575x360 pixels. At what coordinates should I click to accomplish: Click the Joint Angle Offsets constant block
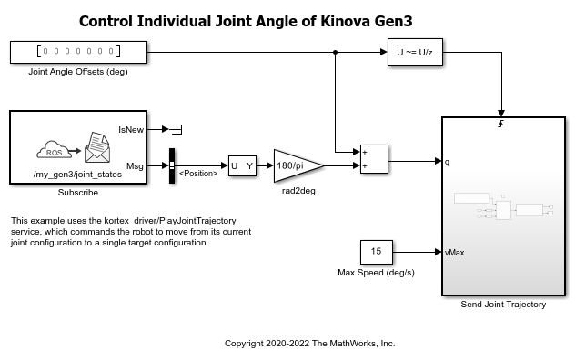78,52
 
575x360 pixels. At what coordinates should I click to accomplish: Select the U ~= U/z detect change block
415,52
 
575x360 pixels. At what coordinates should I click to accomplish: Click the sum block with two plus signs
374,159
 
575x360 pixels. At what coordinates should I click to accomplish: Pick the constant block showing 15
377,252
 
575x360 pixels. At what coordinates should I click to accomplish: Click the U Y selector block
242,165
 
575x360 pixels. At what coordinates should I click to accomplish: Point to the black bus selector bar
172,165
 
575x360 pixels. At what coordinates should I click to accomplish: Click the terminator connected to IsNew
177,129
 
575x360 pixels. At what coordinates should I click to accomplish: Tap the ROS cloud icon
55,150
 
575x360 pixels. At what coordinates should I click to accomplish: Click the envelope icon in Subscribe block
97,147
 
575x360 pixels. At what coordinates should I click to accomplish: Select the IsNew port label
131,130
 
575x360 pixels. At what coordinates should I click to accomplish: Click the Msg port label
135,166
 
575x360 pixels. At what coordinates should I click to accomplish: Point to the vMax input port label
454,253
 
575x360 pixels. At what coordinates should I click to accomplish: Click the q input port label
447,162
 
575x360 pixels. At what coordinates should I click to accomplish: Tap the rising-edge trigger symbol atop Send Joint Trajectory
501,124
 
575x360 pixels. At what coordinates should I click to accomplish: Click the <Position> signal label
198,174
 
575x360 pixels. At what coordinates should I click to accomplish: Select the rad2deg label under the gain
298,191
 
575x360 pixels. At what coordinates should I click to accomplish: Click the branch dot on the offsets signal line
335,52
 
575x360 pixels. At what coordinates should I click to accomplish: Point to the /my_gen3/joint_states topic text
77,175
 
